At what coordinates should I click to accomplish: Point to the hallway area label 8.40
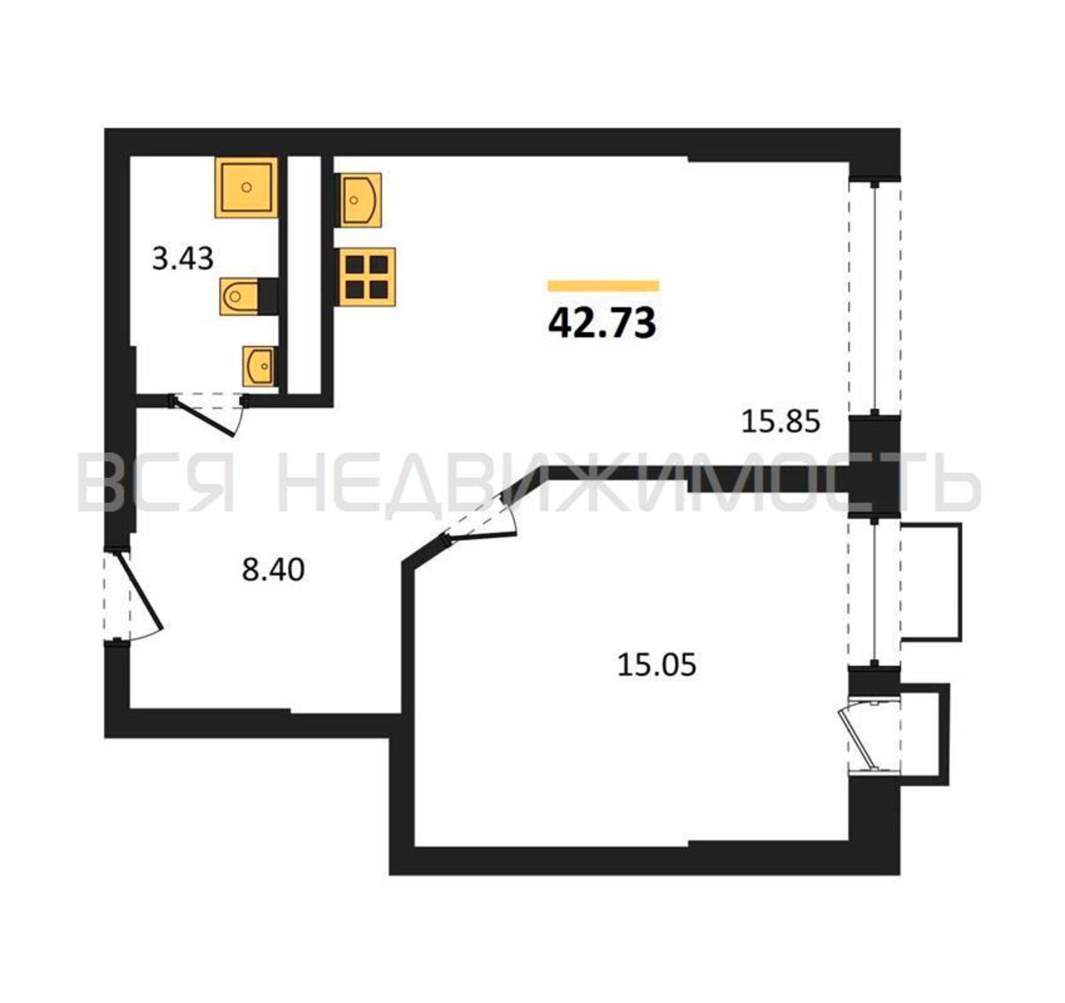[x=273, y=569]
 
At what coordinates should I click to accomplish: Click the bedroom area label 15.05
[x=657, y=665]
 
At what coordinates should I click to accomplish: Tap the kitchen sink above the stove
[x=358, y=200]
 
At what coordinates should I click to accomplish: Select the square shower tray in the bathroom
[x=247, y=187]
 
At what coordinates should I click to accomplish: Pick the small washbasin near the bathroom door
[x=260, y=366]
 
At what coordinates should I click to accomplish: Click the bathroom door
[x=209, y=413]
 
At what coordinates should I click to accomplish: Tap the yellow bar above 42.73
[x=603, y=286]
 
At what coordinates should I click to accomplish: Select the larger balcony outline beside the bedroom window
[x=932, y=582]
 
